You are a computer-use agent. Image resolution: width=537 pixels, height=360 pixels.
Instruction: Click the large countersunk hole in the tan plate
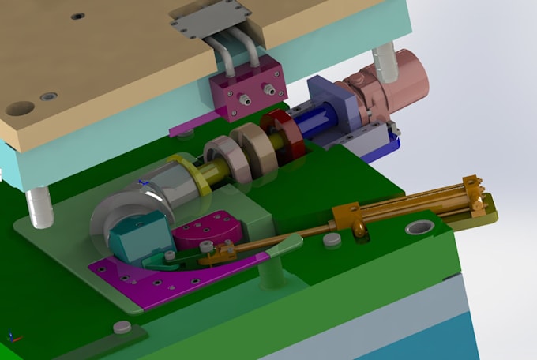pyautogui.click(x=20, y=107)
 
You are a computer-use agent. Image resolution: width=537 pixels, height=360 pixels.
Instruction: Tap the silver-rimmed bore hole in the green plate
pyautogui.click(x=419, y=230)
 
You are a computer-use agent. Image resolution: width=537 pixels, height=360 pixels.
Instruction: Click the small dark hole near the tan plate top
pyautogui.click(x=77, y=16)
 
